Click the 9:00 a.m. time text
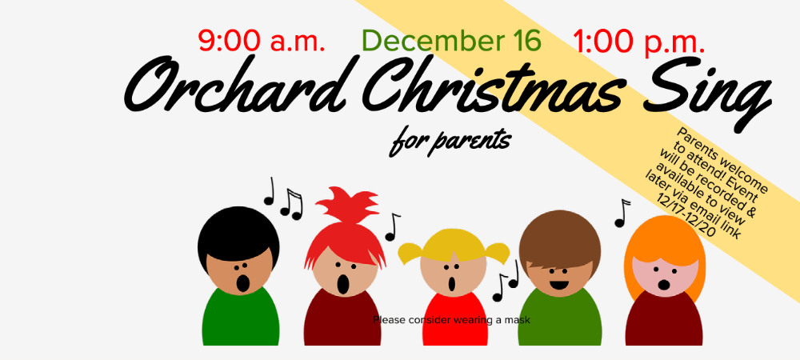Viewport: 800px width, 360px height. (262, 41)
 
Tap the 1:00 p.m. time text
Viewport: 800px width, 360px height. (638, 42)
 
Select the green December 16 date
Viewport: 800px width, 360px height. (451, 41)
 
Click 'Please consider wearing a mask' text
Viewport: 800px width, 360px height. (451, 320)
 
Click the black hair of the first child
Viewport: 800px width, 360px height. (238, 232)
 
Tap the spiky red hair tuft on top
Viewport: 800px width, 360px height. (347, 204)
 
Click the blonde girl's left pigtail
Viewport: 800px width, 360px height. (411, 253)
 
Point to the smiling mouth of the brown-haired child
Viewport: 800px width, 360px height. (559, 283)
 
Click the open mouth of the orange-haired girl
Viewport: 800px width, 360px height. (664, 285)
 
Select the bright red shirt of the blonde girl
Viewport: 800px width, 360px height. (454, 320)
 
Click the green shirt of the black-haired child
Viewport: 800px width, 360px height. (240, 317)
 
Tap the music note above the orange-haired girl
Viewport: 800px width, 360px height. (622, 213)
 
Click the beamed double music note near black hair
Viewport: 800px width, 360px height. (291, 204)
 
